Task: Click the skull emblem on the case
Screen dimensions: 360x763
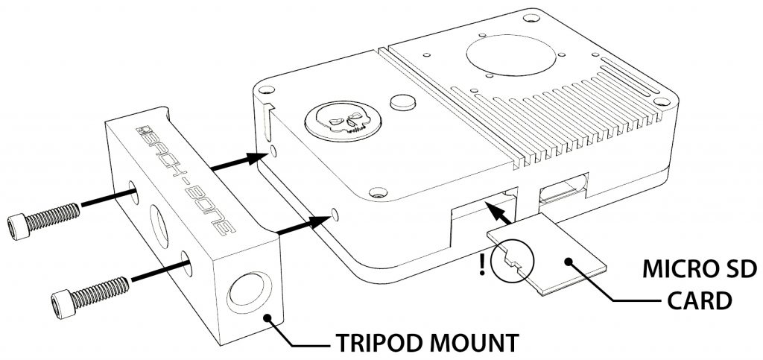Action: coord(343,119)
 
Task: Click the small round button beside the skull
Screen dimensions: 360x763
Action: coord(403,101)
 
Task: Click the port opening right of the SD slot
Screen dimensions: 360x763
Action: coord(565,192)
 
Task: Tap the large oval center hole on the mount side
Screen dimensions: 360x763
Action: coord(160,226)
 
